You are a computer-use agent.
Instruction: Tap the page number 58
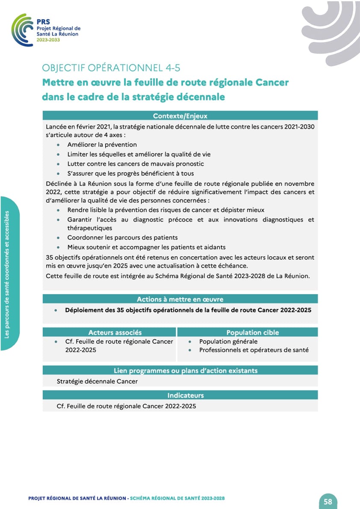[x=328, y=502]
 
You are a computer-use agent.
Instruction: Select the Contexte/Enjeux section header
[x=180, y=115]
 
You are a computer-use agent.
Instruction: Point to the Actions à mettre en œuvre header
[x=180, y=299]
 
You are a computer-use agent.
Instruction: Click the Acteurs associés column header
[x=115, y=332]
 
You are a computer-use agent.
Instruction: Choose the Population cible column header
[x=252, y=332]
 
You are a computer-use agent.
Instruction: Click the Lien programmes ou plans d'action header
[x=186, y=370]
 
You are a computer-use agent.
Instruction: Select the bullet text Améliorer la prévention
[x=102, y=145]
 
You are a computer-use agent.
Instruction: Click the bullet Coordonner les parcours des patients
[x=122, y=237]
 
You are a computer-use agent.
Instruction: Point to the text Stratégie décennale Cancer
[x=97, y=381]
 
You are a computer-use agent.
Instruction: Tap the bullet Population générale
[x=228, y=341]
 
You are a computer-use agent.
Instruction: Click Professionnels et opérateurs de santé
[x=254, y=350]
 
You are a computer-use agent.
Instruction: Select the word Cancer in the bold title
[x=271, y=82]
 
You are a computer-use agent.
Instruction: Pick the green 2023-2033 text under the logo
[x=48, y=39]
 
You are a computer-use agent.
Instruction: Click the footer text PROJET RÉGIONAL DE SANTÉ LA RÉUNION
[x=77, y=498]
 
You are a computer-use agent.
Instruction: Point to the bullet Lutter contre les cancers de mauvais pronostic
[x=136, y=164]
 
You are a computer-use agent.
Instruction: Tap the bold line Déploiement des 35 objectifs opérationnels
[x=188, y=310]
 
